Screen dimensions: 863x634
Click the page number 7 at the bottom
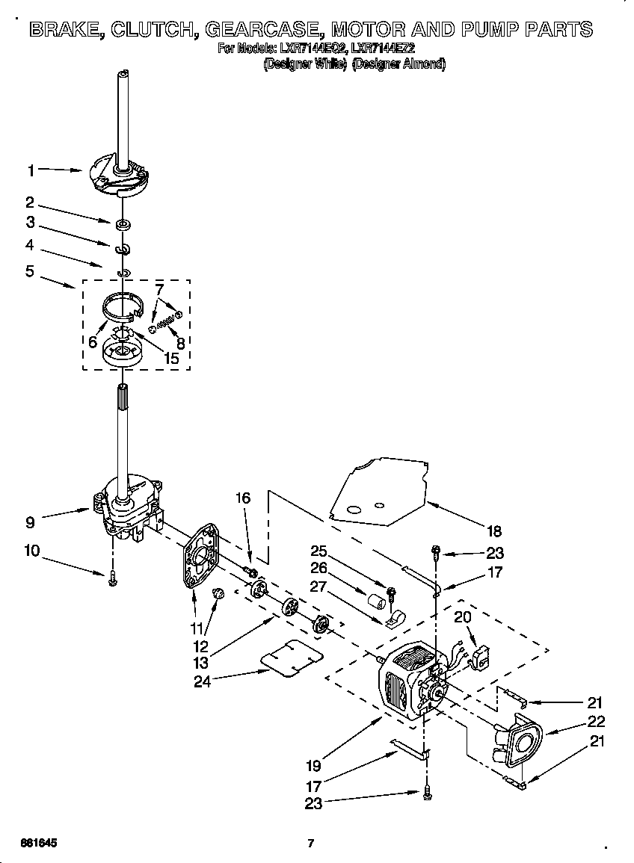(310, 844)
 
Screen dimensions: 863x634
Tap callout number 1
(31, 171)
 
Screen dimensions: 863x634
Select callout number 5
(30, 271)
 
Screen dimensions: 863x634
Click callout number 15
(171, 358)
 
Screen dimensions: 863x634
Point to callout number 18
(494, 532)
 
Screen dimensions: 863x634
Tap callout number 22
(596, 722)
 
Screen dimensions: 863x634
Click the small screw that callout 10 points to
(113, 578)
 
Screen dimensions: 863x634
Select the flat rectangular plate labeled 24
(291, 657)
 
